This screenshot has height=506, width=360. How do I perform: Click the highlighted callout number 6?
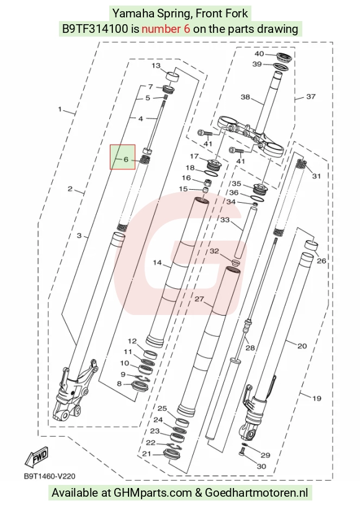[x=126, y=159]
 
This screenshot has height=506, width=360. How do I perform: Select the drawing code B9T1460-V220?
[x=50, y=476]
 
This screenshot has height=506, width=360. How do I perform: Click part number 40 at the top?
[x=259, y=54]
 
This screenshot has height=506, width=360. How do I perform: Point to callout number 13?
[x=156, y=66]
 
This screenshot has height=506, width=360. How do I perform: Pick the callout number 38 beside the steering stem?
[x=245, y=97]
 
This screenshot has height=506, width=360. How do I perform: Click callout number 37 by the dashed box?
[x=310, y=97]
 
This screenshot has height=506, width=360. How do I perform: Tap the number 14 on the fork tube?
[x=157, y=263]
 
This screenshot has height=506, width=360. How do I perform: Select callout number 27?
[x=199, y=299]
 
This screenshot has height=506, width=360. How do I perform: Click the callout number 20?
[x=302, y=346]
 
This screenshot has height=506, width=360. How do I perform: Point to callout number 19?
[x=317, y=398]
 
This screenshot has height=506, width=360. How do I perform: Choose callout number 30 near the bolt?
[x=261, y=466]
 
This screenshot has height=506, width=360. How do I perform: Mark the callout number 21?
[x=146, y=454]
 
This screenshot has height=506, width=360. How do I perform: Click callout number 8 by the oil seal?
[x=119, y=384]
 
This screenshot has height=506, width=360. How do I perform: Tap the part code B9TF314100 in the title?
[x=95, y=29]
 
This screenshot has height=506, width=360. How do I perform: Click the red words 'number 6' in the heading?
[x=166, y=29]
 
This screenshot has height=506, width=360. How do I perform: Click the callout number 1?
[x=60, y=109]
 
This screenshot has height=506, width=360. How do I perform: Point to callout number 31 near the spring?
[x=317, y=176]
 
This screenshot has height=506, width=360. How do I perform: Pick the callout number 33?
[x=225, y=220]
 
